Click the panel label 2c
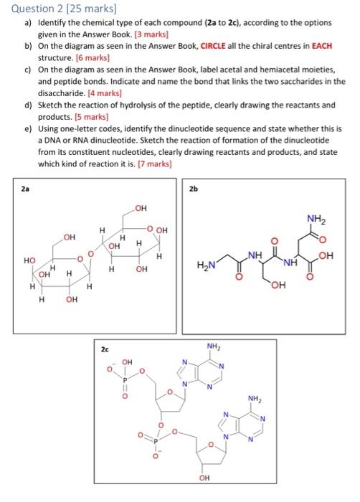(105, 350)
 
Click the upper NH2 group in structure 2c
(213, 349)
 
